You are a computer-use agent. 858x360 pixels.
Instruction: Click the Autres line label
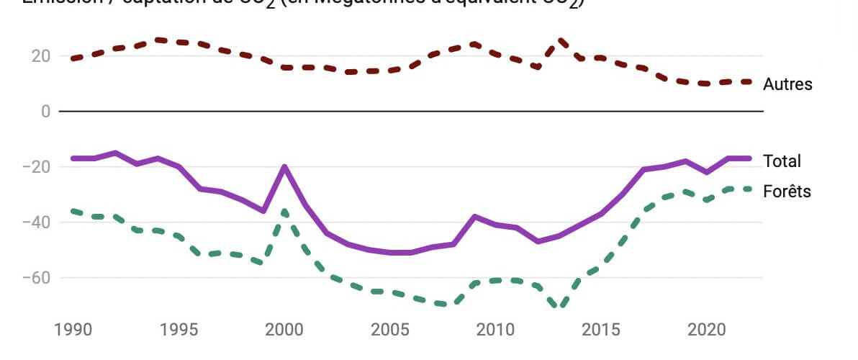click(787, 84)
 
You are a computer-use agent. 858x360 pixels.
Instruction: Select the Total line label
click(782, 161)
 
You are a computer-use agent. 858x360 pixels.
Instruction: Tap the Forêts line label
click(787, 192)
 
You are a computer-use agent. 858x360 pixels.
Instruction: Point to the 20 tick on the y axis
click(40, 56)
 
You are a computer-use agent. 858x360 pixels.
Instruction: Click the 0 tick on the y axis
click(45, 112)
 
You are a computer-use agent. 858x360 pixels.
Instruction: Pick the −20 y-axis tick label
click(36, 167)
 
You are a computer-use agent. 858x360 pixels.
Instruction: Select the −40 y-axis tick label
click(36, 222)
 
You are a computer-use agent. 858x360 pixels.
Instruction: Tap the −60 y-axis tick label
click(36, 278)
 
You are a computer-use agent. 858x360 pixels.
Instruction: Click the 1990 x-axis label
click(73, 330)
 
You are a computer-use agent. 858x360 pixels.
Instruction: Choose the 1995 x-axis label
click(179, 330)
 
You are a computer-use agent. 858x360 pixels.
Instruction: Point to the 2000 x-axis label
click(285, 330)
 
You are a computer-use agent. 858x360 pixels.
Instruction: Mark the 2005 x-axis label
click(390, 330)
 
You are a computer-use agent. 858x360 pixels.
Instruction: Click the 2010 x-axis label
click(496, 330)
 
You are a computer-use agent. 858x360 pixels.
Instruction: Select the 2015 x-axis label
click(602, 330)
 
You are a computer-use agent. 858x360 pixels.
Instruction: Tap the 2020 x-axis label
click(708, 330)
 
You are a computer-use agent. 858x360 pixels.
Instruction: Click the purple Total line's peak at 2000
click(284, 167)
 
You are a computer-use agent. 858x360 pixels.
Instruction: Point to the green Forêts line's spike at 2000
click(284, 211)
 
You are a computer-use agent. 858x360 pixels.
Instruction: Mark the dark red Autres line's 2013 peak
click(559, 40)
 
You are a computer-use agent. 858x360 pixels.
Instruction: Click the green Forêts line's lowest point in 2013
click(559, 307)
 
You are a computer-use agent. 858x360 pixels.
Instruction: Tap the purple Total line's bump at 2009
click(475, 216)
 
